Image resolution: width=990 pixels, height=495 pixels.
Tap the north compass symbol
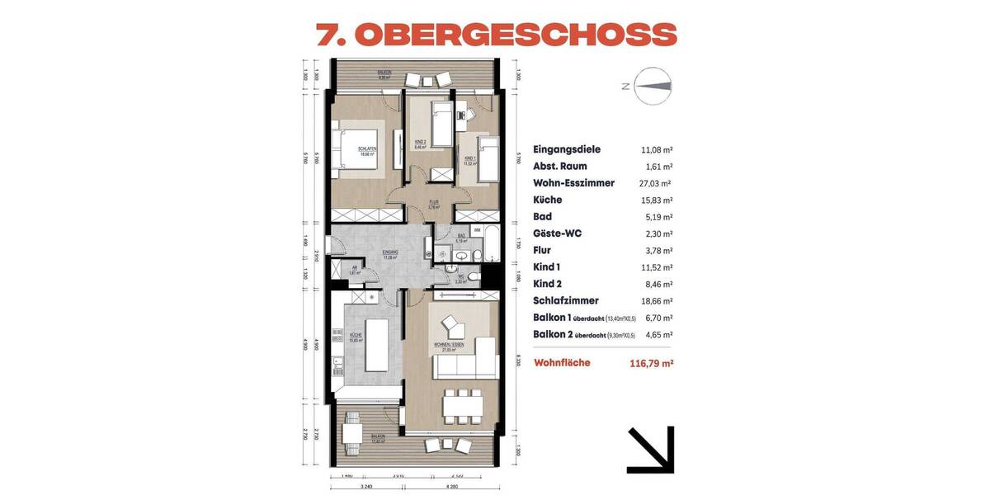click(x=653, y=86)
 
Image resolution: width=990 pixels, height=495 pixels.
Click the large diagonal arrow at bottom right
click(x=651, y=450)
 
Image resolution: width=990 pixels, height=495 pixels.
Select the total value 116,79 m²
click(x=651, y=363)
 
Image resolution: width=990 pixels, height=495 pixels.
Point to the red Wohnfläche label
click(x=563, y=362)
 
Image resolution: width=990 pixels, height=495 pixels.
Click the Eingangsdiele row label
click(x=567, y=149)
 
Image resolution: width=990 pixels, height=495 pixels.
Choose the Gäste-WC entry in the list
click(x=557, y=233)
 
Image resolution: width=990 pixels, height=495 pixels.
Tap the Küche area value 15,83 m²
click(x=657, y=200)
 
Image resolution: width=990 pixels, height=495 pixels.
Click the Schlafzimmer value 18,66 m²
click(x=657, y=301)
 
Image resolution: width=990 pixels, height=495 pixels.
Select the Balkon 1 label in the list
click(x=554, y=318)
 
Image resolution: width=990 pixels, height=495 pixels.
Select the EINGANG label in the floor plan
click(x=390, y=252)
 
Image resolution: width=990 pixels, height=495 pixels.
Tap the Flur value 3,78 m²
click(x=657, y=251)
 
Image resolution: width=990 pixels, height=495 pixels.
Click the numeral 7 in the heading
click(x=331, y=34)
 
